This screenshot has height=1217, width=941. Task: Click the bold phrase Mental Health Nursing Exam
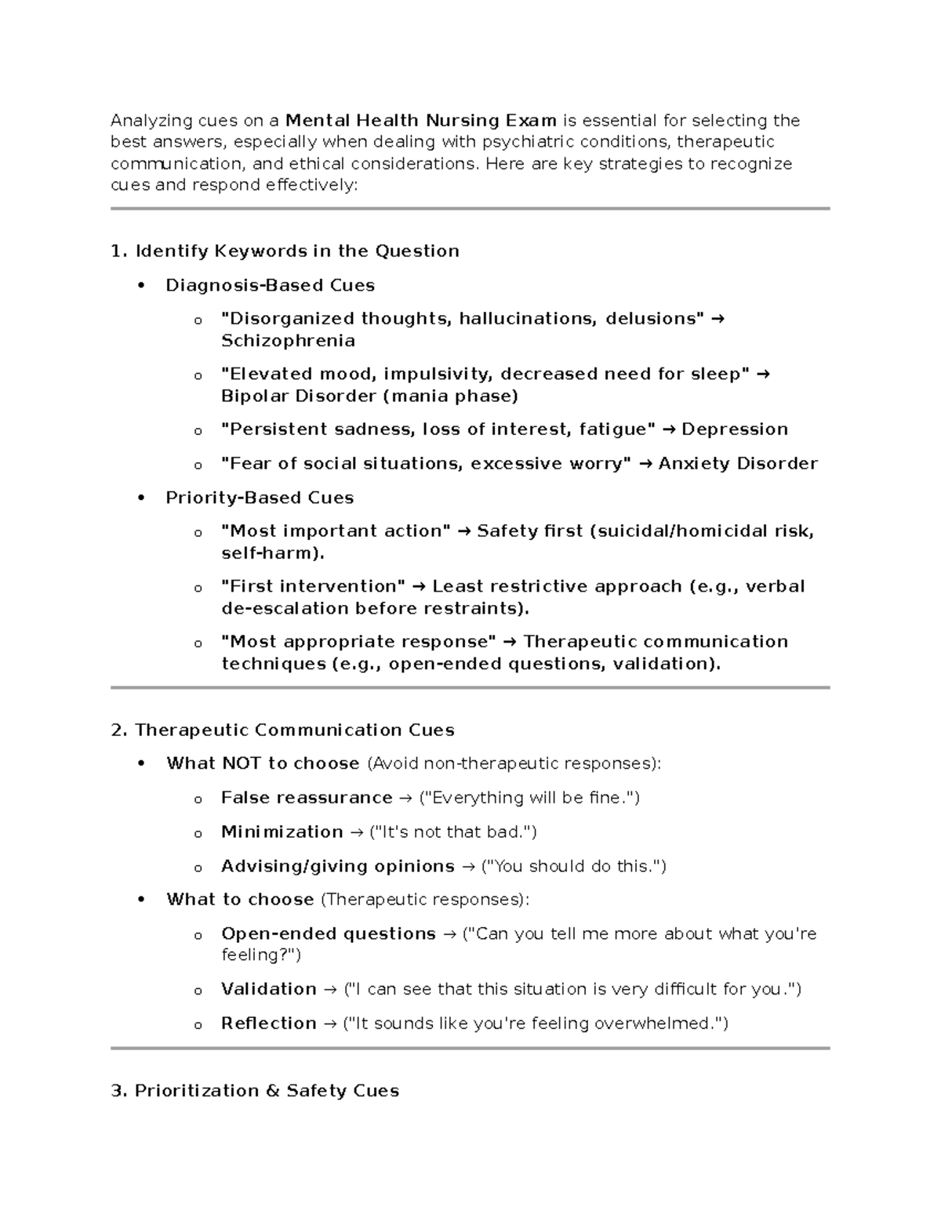[421, 121]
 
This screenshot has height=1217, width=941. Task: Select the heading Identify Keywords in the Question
[296, 251]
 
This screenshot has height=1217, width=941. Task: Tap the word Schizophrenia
[288, 341]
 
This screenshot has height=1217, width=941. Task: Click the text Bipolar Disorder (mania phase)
[369, 396]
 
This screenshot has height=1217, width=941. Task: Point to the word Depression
[735, 429]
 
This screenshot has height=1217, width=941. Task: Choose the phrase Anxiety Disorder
[738, 464]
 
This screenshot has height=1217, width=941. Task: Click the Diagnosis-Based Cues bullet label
[270, 285]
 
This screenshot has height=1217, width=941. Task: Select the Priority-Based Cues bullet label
[260, 498]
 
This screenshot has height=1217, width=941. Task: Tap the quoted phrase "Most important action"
[336, 531]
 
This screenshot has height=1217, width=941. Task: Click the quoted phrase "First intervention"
[314, 587]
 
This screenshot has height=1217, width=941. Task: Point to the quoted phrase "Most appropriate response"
[359, 642]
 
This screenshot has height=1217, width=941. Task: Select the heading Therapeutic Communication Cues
[294, 730]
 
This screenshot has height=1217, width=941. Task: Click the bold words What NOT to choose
[263, 763]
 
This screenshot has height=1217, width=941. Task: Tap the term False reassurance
[307, 798]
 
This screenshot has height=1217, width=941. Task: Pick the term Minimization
[282, 832]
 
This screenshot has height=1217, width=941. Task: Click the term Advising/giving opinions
[338, 867]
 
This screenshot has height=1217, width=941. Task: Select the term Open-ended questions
[329, 934]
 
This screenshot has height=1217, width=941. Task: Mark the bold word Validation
[269, 989]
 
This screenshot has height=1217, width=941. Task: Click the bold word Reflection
[269, 1023]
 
